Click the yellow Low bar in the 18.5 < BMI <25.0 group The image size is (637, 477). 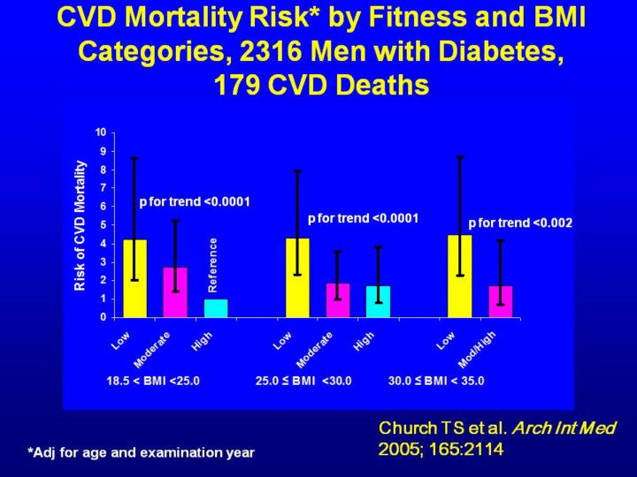[134, 278]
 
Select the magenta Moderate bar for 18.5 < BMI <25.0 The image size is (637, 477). [174, 292]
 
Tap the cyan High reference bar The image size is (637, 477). [216, 308]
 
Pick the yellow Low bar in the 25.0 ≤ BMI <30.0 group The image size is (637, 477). [297, 277]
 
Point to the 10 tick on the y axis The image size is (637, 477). [101, 132]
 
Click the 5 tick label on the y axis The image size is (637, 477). [103, 224]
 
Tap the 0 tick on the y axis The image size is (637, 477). [103, 316]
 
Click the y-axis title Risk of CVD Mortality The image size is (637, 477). [80, 225]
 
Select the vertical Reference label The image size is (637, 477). [212, 265]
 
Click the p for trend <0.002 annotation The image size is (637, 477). [520, 223]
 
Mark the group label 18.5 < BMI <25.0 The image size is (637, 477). [152, 382]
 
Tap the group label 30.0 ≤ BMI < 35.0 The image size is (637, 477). [436, 382]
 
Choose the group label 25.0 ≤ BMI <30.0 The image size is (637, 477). [303, 382]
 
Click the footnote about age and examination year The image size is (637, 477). [141, 452]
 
